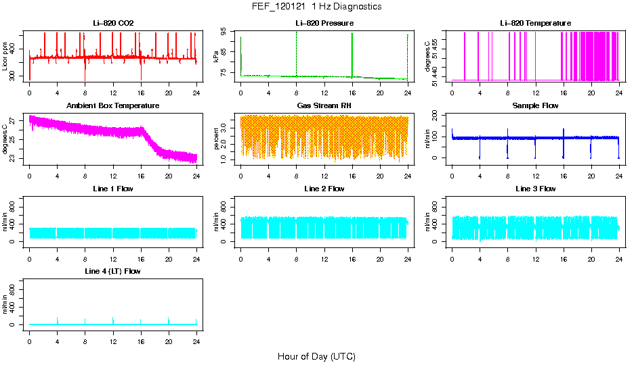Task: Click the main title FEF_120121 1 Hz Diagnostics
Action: [x=316, y=6]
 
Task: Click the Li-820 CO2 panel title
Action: [x=113, y=23]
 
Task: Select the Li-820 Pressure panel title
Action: [x=324, y=23]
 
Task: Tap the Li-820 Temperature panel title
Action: [x=535, y=23]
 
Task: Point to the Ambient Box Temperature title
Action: [x=113, y=105]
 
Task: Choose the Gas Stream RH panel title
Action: [x=324, y=105]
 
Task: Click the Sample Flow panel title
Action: [x=535, y=105]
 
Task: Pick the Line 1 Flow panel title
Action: [x=113, y=189]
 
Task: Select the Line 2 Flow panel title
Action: [x=324, y=189]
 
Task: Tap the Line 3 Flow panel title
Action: [x=535, y=189]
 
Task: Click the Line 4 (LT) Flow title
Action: [x=113, y=271]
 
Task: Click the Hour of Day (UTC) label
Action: [x=316, y=356]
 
